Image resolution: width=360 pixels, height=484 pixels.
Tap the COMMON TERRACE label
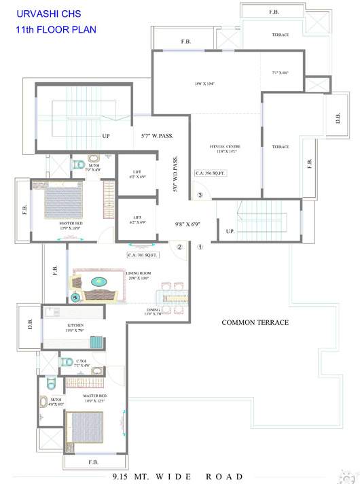[x=255, y=322]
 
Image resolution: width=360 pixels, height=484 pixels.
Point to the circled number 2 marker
[x=180, y=247]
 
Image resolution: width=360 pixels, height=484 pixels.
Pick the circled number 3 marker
[x=200, y=196]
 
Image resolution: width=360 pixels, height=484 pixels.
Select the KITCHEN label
[x=74, y=326]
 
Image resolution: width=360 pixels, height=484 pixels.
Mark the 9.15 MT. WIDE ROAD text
[x=177, y=477]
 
